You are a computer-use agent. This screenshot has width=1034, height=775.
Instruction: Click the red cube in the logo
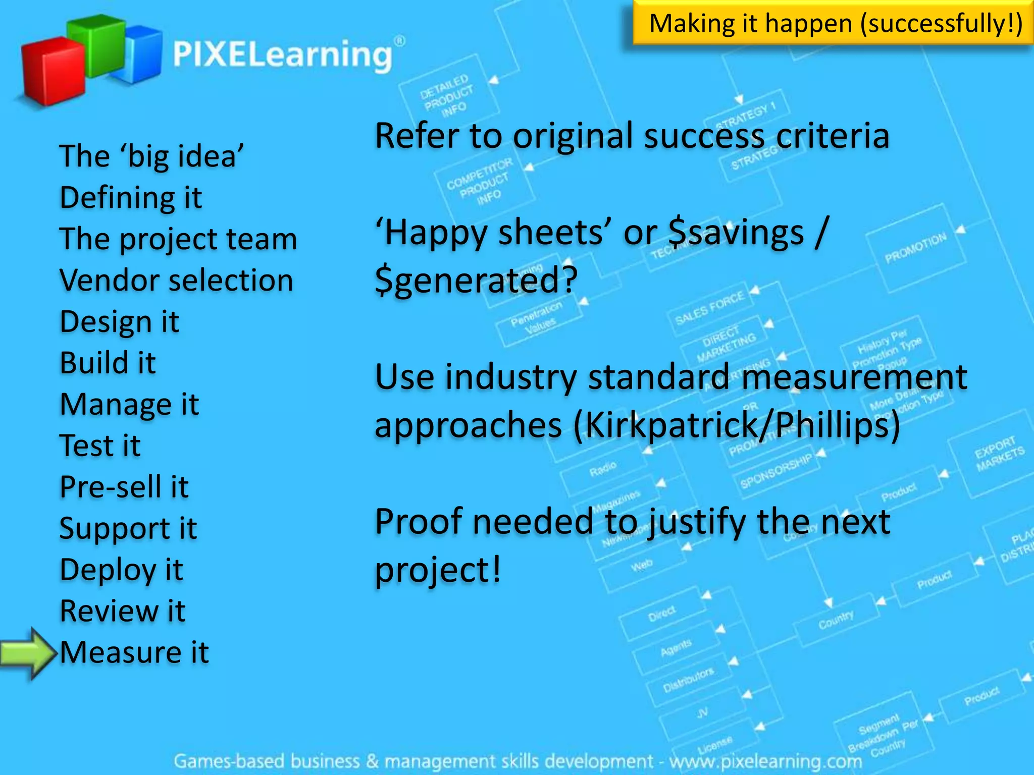click(x=53, y=71)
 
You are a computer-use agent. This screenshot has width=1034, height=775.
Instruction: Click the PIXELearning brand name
click(x=283, y=54)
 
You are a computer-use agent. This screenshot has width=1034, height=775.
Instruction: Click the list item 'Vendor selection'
click(x=176, y=280)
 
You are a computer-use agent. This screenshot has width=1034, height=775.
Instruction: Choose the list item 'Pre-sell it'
click(x=124, y=487)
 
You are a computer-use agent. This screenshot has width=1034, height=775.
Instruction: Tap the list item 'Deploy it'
click(x=121, y=570)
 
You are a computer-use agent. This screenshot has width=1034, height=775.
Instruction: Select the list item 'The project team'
click(x=178, y=239)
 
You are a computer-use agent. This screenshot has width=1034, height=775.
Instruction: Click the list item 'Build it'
click(x=108, y=363)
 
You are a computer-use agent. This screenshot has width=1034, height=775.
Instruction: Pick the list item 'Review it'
click(x=123, y=611)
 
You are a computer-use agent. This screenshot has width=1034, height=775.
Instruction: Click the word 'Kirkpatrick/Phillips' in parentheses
click(x=737, y=425)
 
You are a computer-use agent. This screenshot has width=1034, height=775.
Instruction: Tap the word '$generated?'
click(x=476, y=281)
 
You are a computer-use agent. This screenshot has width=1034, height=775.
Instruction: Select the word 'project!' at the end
click(x=438, y=570)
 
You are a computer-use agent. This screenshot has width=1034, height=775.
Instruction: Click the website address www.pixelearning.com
click(x=765, y=761)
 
